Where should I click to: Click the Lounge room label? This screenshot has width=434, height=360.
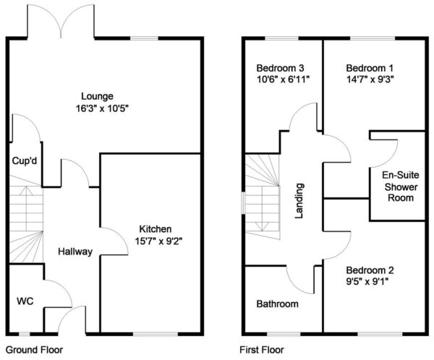97,96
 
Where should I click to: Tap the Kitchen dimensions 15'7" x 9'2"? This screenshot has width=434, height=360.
158,241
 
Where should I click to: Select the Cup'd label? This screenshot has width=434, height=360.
25,160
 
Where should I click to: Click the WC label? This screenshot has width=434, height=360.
25,301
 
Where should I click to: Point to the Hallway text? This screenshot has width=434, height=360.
75,252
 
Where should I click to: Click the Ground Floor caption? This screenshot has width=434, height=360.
34,350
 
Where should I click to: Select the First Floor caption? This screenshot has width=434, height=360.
262,350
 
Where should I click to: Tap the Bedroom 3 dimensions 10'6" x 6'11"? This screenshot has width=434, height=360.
283,80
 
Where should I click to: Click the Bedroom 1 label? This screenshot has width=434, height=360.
370,68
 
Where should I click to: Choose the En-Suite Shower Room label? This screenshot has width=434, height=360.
401,187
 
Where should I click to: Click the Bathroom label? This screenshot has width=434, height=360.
277,304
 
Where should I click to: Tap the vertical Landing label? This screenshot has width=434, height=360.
299,201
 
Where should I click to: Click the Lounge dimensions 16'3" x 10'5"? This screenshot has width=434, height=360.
103,108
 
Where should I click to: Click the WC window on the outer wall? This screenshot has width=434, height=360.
25,334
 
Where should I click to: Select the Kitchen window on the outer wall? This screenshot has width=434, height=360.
156,334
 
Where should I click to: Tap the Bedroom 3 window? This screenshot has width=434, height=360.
282,38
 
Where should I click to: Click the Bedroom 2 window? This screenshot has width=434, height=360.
380,334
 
